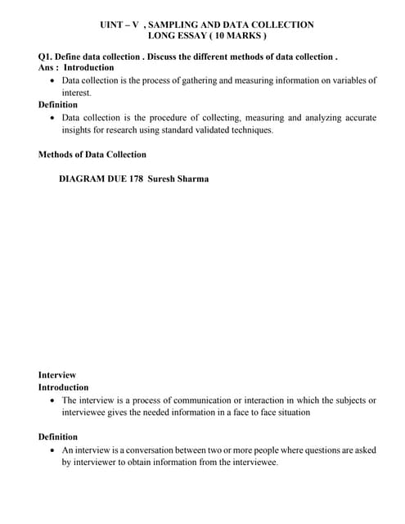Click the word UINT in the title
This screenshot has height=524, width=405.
[x=111, y=25]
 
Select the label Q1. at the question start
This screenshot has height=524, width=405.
[x=47, y=56]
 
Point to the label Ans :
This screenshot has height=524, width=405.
[x=48, y=67]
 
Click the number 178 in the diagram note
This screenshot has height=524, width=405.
[x=136, y=178]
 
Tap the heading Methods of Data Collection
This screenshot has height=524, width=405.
[x=92, y=155]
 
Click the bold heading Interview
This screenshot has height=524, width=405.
[x=57, y=375]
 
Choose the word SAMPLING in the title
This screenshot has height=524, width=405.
[x=177, y=25]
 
